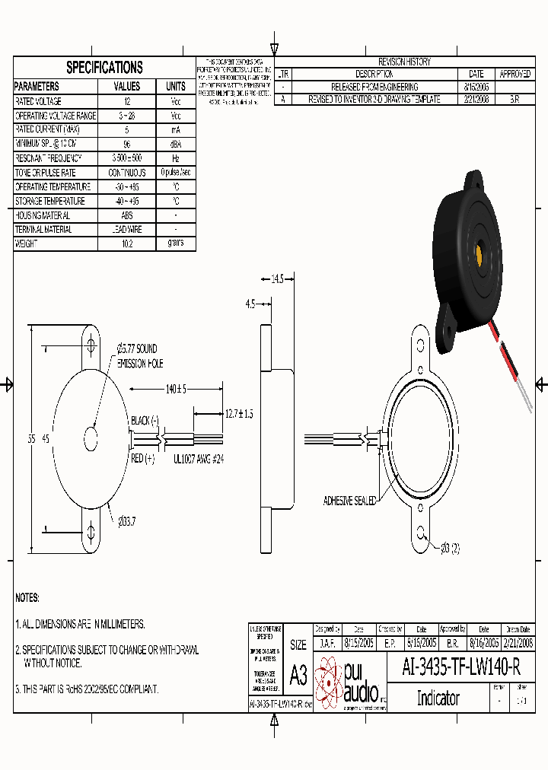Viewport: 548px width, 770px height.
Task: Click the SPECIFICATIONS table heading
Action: point(104,67)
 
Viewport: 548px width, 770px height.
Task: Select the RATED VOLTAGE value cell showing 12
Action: point(127,101)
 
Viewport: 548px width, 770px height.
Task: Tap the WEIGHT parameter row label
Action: point(31,244)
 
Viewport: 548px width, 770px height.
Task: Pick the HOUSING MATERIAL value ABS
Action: point(127,215)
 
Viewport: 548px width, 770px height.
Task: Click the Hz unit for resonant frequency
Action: point(176,158)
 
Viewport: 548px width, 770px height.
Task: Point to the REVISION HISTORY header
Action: point(404,62)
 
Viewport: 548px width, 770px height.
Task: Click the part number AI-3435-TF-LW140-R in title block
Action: point(460,667)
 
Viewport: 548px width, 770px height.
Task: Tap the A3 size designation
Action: point(298,675)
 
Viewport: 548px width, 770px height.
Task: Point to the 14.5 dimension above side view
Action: point(277,279)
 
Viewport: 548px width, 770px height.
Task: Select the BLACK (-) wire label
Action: point(145,420)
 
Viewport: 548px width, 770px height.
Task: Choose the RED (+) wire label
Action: point(143,458)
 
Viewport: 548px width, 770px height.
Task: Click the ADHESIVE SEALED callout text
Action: point(349,501)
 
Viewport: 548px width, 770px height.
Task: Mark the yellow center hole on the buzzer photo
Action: point(481,252)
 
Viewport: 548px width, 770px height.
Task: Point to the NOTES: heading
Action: point(27,598)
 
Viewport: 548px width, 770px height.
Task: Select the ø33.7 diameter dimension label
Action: point(126,520)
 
